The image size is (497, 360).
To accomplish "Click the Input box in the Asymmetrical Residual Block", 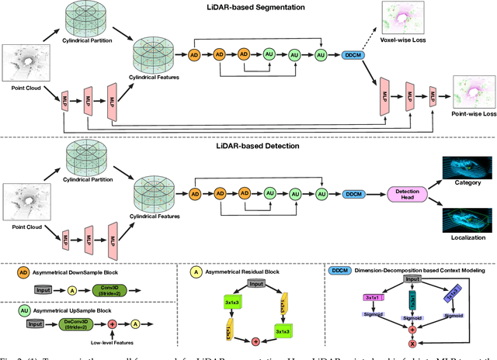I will (255, 283).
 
